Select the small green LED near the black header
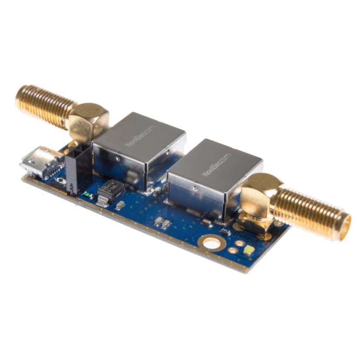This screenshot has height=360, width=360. pos(90,194)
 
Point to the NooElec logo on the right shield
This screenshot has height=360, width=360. pos(217,164)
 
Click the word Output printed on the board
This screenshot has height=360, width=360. pos(247,237)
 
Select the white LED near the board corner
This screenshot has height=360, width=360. pos(249,250)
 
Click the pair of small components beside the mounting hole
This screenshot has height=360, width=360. pos(162,223)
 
